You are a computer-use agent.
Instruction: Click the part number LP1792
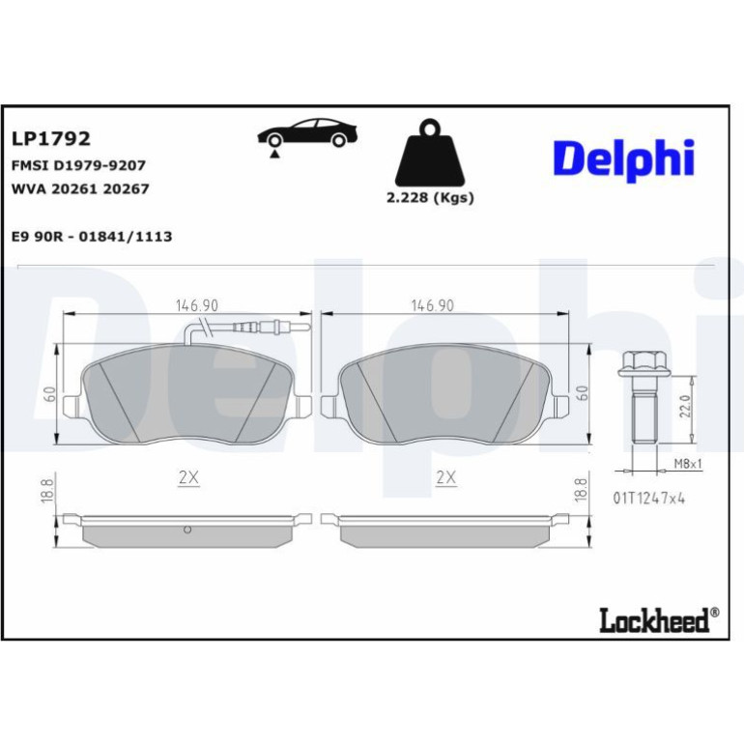point(51,138)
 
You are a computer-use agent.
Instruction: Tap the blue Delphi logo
point(623,159)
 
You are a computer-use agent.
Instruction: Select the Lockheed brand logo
point(659,619)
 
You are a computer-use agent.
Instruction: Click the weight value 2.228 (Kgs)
point(430,197)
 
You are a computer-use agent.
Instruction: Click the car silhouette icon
point(306,134)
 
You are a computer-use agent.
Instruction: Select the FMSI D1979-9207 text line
point(78,165)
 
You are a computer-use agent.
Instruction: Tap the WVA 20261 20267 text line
point(80,188)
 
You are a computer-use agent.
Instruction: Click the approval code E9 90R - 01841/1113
point(92,237)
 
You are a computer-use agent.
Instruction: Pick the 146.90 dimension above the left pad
point(197,305)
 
